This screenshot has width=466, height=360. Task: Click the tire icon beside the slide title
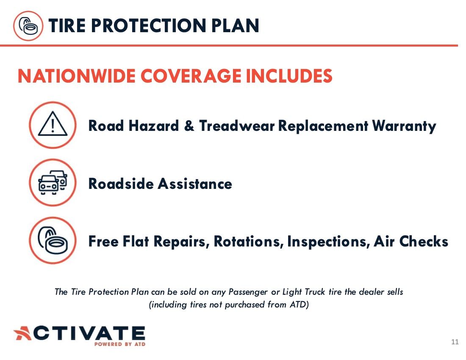click(x=28, y=25)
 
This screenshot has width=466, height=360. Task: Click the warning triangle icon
click(x=53, y=125)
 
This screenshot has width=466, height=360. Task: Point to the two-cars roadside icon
click(x=53, y=183)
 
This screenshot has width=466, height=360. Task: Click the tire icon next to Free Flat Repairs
click(x=53, y=241)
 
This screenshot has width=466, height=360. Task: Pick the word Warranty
click(x=404, y=126)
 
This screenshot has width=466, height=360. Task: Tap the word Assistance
click(x=195, y=184)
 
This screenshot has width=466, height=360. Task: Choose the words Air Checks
click(x=411, y=241)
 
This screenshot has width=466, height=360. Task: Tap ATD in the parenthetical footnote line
click(x=299, y=305)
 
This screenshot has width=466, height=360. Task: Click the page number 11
click(x=455, y=342)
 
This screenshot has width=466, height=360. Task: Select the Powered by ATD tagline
click(x=120, y=344)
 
